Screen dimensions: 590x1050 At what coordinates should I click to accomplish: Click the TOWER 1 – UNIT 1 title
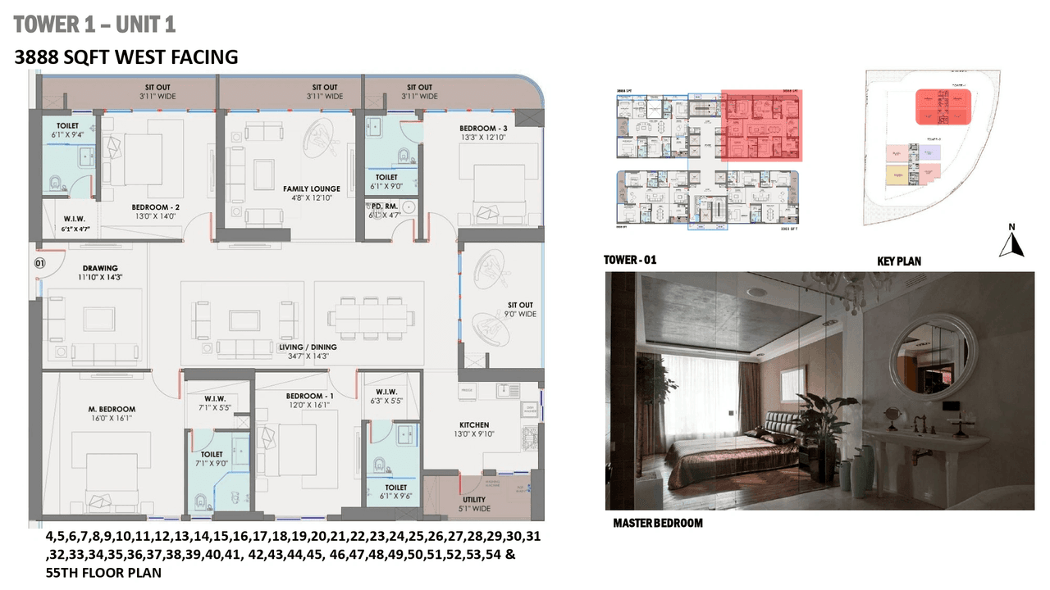point(94,25)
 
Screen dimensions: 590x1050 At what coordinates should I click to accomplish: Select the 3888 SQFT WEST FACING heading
point(126,57)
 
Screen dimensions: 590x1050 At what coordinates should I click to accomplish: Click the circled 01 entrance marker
point(38,263)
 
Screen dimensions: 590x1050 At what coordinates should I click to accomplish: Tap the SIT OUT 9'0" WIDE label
point(519,310)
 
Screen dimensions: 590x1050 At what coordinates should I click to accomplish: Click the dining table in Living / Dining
point(372,315)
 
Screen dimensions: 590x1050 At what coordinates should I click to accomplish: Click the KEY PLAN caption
point(898,261)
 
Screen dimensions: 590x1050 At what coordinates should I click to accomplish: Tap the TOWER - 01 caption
point(630,261)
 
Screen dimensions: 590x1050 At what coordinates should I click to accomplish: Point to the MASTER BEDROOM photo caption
point(658,523)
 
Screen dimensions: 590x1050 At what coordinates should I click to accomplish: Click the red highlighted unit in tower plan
point(760,125)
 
